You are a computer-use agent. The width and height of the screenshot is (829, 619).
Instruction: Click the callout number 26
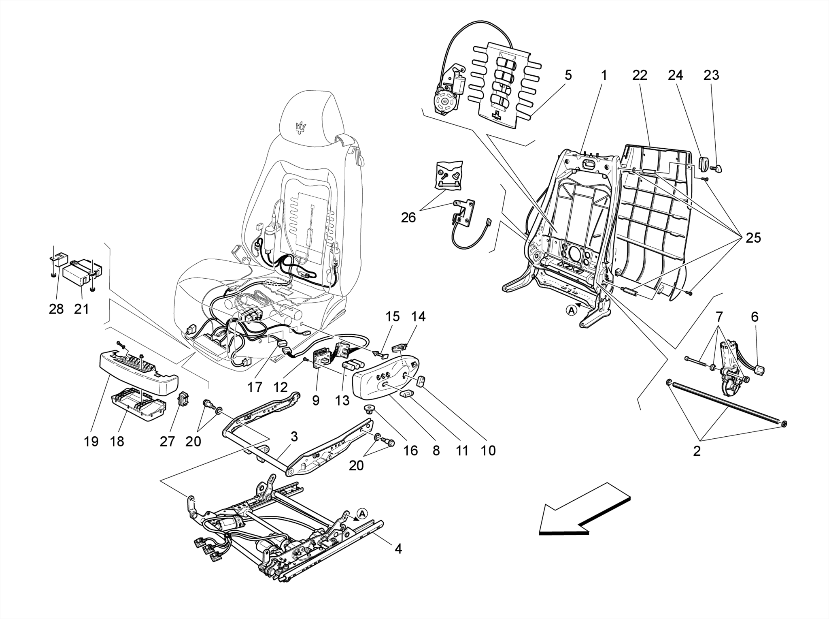408,218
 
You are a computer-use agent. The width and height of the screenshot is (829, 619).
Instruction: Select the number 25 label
753,238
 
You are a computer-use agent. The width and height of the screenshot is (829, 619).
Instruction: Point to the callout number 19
91,441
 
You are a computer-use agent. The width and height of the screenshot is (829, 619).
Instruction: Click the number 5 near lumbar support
568,75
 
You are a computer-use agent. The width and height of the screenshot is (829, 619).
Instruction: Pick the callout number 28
56,309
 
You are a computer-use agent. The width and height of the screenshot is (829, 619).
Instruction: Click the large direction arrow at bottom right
583,512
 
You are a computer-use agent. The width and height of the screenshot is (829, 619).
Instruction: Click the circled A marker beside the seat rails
362,514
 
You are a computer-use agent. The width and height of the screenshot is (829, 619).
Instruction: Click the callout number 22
640,75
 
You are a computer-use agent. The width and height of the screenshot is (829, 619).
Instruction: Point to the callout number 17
255,388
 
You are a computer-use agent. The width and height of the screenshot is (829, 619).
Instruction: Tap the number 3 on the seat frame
294,437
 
